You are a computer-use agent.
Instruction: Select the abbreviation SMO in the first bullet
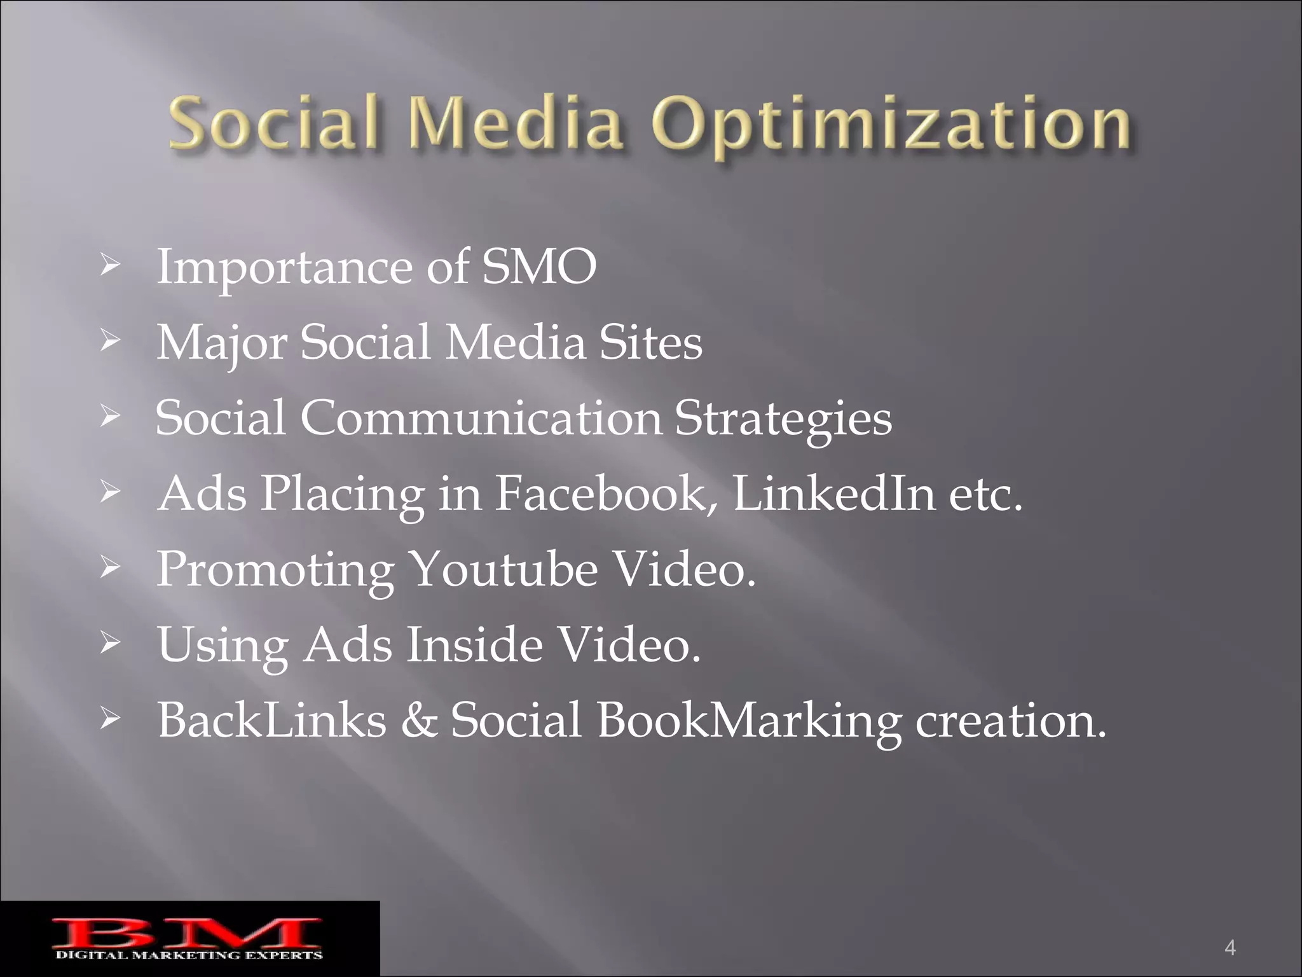click(539, 267)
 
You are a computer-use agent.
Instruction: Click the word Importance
click(284, 268)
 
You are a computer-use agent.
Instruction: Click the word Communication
click(481, 418)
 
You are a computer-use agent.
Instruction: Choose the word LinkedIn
click(833, 494)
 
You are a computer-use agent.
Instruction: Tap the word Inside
click(474, 644)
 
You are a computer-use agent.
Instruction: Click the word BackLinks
click(272, 720)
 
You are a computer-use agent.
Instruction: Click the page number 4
click(1230, 948)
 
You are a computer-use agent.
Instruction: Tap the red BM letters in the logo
click(187, 932)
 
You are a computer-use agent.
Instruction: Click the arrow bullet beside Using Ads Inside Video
click(109, 645)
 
